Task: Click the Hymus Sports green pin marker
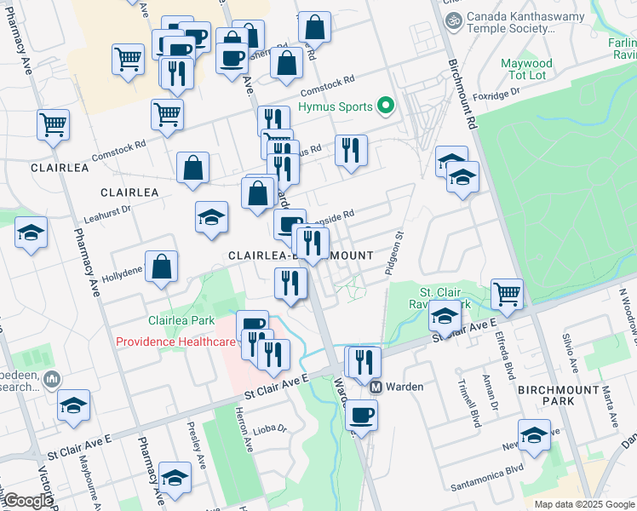pos(386,107)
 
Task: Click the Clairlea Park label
pos(181,321)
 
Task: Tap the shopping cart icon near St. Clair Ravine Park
pos(507,294)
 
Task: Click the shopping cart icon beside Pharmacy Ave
pos(53,124)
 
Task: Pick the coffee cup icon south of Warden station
pos(362,415)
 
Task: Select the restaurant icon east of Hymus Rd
pos(351,150)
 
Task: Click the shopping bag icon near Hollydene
pos(161,267)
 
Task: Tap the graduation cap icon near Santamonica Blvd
pos(534,435)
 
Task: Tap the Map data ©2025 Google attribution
pos(584,504)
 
